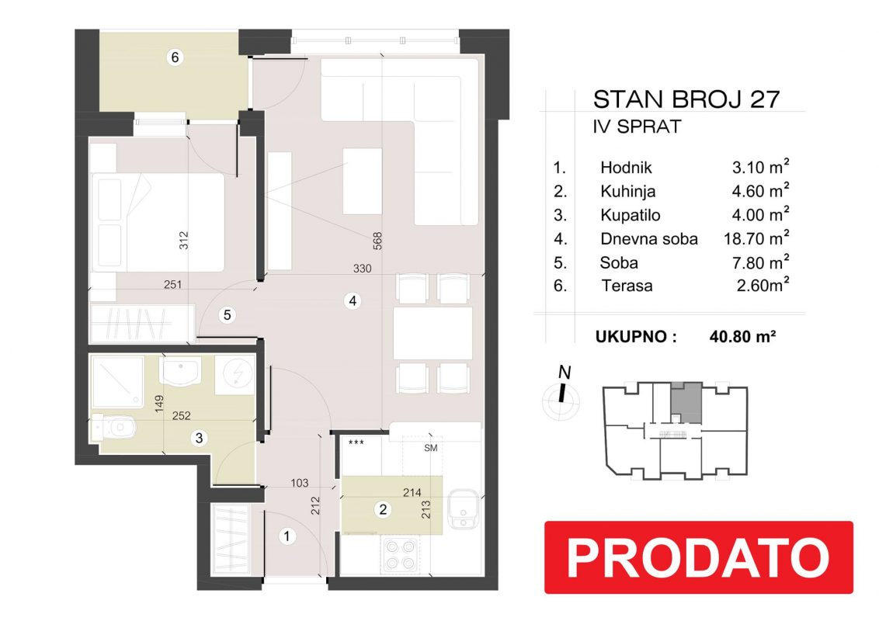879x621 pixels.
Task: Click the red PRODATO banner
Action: (699, 557)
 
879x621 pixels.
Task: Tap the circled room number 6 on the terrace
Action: (175, 57)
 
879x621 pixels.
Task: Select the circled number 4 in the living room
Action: (352, 301)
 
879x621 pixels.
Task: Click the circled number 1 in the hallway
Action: (287, 536)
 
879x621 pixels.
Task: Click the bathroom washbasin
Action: (180, 371)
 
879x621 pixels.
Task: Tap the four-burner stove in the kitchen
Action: (400, 554)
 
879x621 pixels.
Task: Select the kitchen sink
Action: (463, 509)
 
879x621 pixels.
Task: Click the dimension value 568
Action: (377, 241)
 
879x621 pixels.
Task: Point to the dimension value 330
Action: (362, 269)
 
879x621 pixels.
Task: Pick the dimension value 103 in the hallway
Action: (300, 483)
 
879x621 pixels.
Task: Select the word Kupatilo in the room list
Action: (630, 215)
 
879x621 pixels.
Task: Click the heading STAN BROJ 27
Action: (686, 99)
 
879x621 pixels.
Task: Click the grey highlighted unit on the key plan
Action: (686, 402)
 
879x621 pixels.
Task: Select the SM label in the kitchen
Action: (430, 448)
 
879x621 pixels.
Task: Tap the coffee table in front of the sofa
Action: (362, 181)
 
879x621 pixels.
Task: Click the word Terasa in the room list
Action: (627, 286)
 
